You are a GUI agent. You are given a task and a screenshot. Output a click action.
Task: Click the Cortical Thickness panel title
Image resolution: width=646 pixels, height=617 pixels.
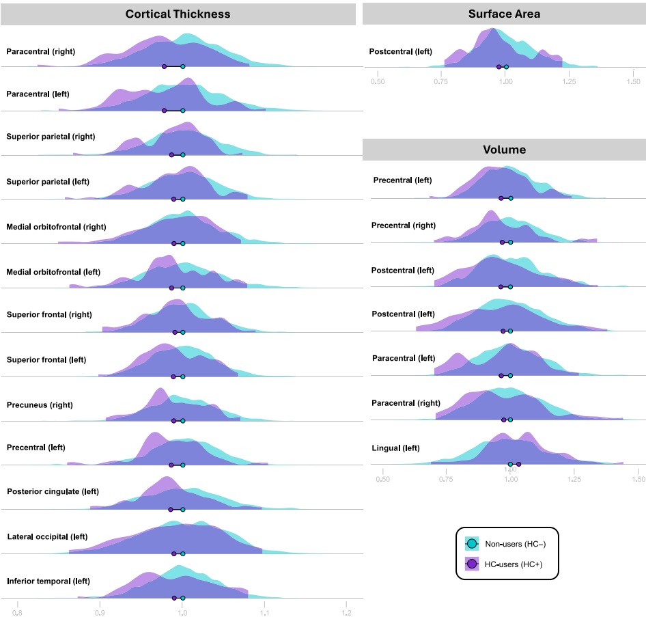point(178,14)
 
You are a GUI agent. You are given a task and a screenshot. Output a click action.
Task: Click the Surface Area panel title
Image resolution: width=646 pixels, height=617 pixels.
point(504,14)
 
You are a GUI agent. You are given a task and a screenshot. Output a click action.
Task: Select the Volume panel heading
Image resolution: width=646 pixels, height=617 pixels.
point(504,150)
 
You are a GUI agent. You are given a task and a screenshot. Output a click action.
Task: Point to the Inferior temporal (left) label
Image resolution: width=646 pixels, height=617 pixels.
point(48,581)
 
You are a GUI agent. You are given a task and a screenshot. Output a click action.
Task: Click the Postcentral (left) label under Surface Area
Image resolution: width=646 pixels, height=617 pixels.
point(400,51)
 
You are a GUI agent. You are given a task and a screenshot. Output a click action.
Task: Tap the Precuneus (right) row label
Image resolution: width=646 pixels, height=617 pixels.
point(39,405)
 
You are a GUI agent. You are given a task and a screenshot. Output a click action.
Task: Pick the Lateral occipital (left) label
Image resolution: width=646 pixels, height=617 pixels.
point(47,536)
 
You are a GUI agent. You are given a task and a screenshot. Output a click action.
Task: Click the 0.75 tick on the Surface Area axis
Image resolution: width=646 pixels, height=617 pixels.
point(441,81)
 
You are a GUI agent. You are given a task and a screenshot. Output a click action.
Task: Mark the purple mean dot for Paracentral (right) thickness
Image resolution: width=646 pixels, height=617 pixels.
point(164,66)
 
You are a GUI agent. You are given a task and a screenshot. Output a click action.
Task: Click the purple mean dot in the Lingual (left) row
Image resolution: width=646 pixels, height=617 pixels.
point(518,465)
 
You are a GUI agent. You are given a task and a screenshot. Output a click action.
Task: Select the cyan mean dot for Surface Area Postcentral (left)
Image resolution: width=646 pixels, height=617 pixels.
point(506,66)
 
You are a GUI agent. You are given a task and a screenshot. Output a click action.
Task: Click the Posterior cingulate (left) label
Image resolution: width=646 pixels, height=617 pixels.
point(53,491)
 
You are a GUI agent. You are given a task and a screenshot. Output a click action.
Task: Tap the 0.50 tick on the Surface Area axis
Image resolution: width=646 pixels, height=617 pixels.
point(377,81)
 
